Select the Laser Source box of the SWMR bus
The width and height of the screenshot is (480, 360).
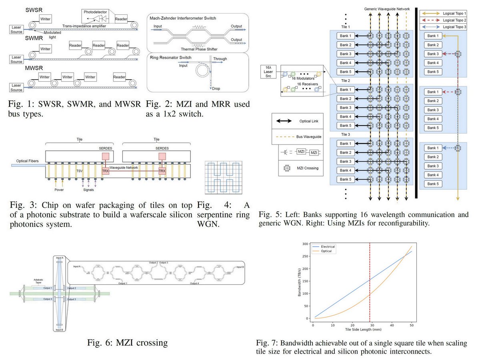coord(16,60)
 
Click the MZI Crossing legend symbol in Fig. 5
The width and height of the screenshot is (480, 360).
coord(286,168)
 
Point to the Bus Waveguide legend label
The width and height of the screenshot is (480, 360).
coord(312,136)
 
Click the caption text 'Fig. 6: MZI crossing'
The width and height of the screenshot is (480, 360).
coord(127,343)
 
